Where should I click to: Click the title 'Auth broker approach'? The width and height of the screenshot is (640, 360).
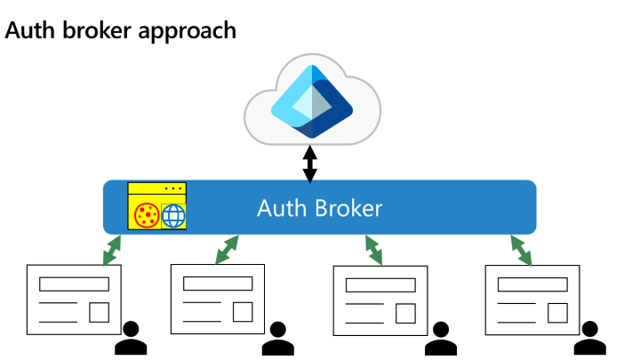coord(121,30)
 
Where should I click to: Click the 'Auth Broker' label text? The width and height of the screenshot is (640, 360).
coord(319,208)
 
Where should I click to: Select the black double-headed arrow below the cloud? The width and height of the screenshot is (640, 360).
coord(310,164)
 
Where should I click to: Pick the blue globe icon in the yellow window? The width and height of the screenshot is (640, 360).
coord(172,215)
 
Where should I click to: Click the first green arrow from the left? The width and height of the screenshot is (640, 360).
coord(112,250)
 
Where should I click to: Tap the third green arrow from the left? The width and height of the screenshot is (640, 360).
coord(373,250)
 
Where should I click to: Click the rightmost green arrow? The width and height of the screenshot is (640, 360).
coord(520,250)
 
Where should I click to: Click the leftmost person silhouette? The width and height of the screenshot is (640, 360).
coord(131,337)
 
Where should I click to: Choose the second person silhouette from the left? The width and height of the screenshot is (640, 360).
coord(277,337)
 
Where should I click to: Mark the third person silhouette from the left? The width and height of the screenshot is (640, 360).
coord(439,337)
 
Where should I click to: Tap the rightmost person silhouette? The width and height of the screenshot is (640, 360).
coord(588,337)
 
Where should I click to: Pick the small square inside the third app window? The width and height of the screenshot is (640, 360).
coord(405,311)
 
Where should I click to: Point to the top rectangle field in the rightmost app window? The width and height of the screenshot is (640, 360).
coord(532,284)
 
